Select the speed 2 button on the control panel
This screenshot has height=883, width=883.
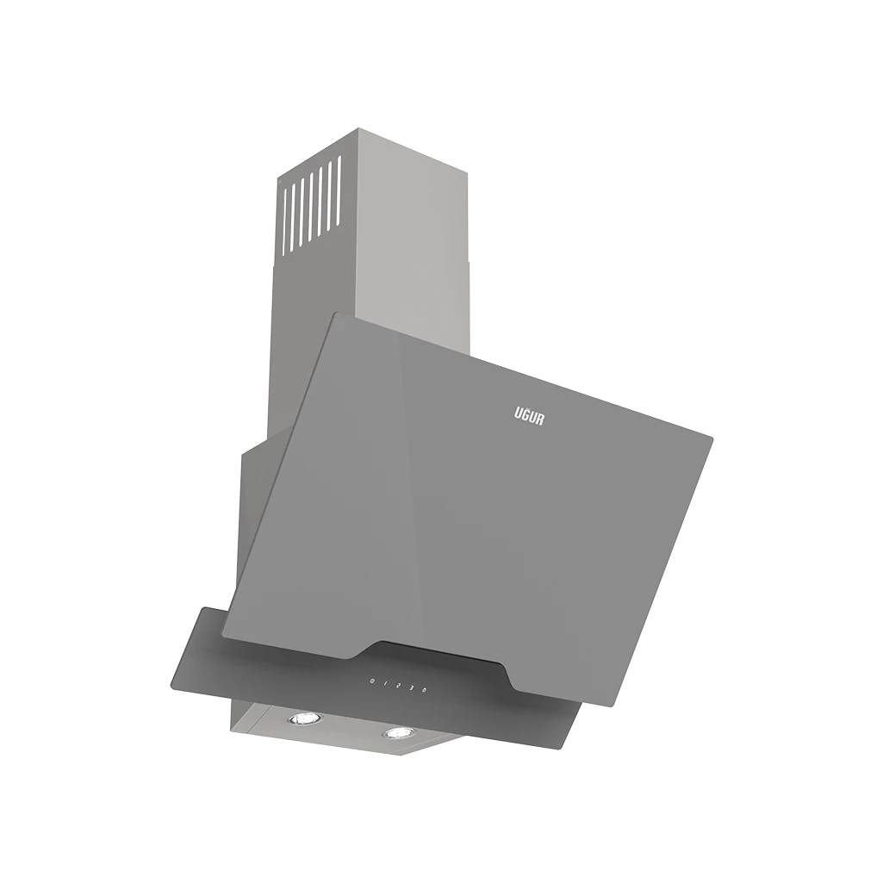(398, 686)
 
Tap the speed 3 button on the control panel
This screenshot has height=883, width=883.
(411, 687)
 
